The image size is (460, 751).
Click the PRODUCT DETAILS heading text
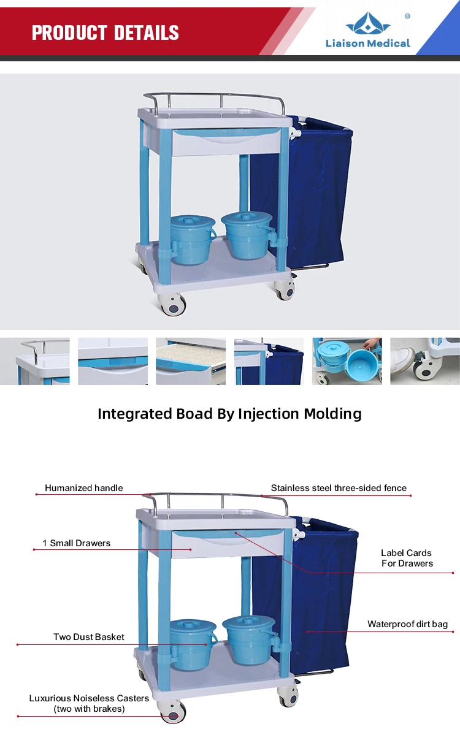click(x=105, y=32)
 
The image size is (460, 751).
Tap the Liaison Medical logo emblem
click(x=368, y=24)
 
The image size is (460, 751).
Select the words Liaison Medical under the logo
click(x=368, y=44)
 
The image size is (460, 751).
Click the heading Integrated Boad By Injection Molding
click(x=229, y=414)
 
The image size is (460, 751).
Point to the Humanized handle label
click(x=83, y=488)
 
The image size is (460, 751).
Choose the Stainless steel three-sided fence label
click(x=339, y=488)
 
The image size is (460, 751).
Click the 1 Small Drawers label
click(x=77, y=543)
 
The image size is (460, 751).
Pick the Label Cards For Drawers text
click(x=407, y=558)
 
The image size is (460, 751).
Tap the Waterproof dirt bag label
click(x=407, y=624)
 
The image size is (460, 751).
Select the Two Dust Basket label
click(x=89, y=637)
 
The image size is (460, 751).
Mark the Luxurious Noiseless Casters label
click(x=89, y=703)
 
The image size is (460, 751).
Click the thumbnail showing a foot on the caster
click(x=424, y=361)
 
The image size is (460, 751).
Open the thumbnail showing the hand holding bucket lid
click(x=347, y=361)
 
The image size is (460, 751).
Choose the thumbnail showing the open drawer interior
click(x=191, y=361)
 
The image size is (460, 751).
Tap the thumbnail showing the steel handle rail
click(x=35, y=361)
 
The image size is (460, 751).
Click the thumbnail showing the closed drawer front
click(x=113, y=361)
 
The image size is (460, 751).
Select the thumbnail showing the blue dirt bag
click(x=269, y=361)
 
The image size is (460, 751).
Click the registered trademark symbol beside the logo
click(x=407, y=17)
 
